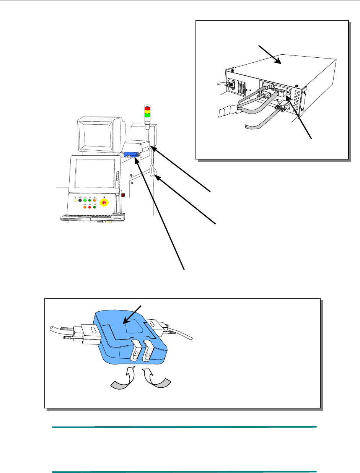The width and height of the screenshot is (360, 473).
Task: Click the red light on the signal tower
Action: point(147,108)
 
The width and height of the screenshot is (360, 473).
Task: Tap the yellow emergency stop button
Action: point(104,202)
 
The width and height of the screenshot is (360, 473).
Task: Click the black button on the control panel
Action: point(80,200)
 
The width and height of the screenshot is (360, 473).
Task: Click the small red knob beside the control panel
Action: point(123,195)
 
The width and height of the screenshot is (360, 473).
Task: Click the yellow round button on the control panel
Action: point(75,200)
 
